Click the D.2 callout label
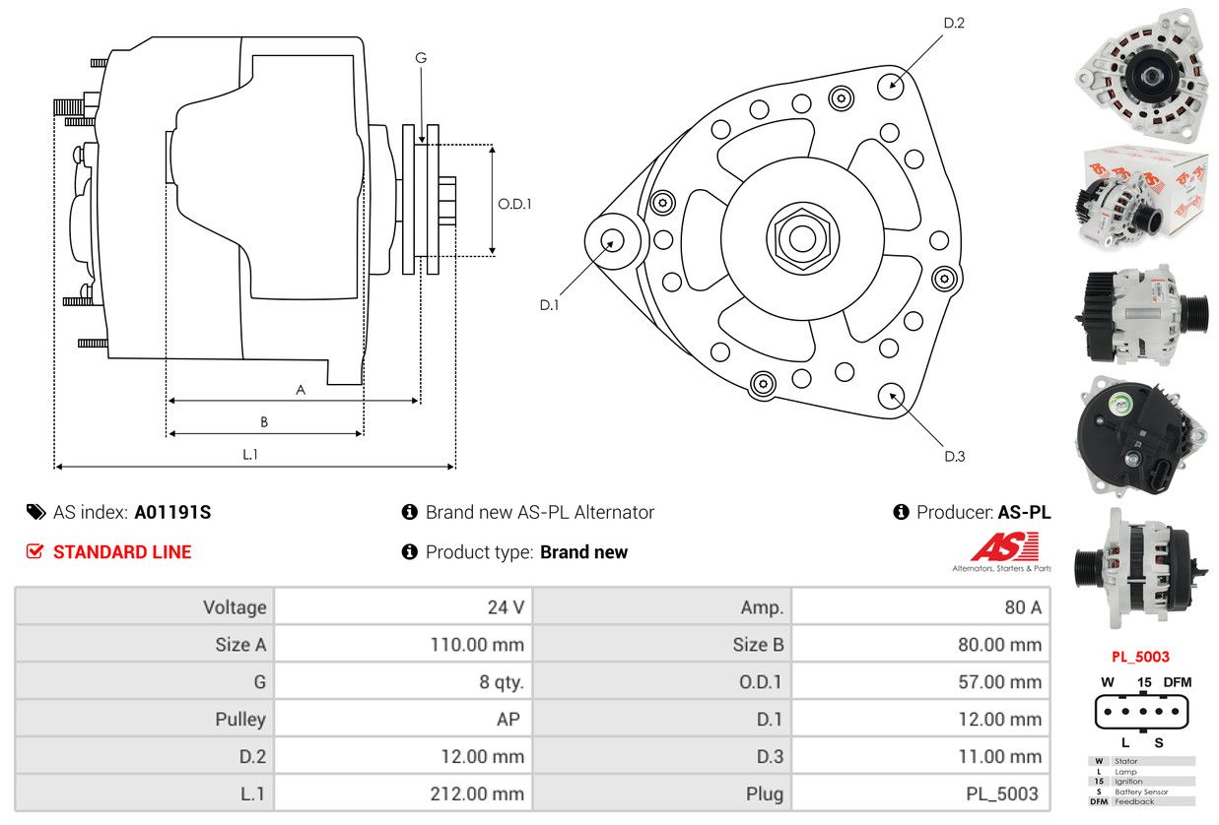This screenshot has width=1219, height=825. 953,23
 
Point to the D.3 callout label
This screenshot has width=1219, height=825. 954,456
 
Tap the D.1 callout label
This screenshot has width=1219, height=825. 549,305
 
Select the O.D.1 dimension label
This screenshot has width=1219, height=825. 514,205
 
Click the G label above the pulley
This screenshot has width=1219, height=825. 421,58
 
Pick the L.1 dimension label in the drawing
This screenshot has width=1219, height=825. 250,454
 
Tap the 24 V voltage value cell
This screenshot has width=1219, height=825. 506,607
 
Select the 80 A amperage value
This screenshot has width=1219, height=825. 1022,607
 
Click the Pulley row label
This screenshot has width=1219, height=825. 240,719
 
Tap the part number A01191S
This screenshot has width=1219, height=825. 172,512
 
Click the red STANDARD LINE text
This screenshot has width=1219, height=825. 122,552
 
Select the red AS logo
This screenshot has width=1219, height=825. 1004,547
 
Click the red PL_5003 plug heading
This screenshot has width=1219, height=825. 1140,657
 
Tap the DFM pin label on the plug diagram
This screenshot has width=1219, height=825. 1178,681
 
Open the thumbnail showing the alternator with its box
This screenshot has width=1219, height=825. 1142,194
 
